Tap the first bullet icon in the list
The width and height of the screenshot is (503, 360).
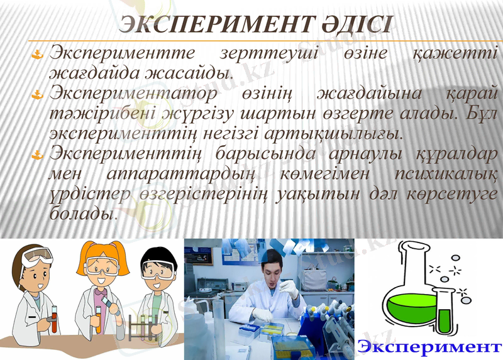38,54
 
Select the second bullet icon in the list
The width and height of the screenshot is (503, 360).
38,95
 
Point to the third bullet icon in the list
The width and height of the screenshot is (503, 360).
38,154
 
